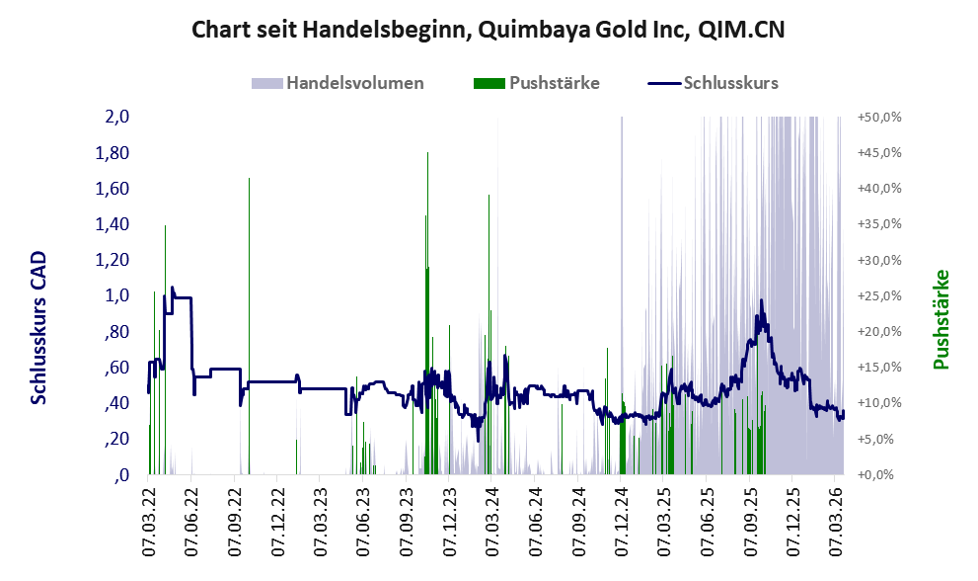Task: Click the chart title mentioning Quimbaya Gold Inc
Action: tap(488, 31)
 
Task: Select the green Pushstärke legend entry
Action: tap(553, 83)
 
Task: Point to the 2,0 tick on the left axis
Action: tap(117, 117)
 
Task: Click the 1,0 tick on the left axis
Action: tap(117, 295)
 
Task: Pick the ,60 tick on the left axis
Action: tap(117, 368)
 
